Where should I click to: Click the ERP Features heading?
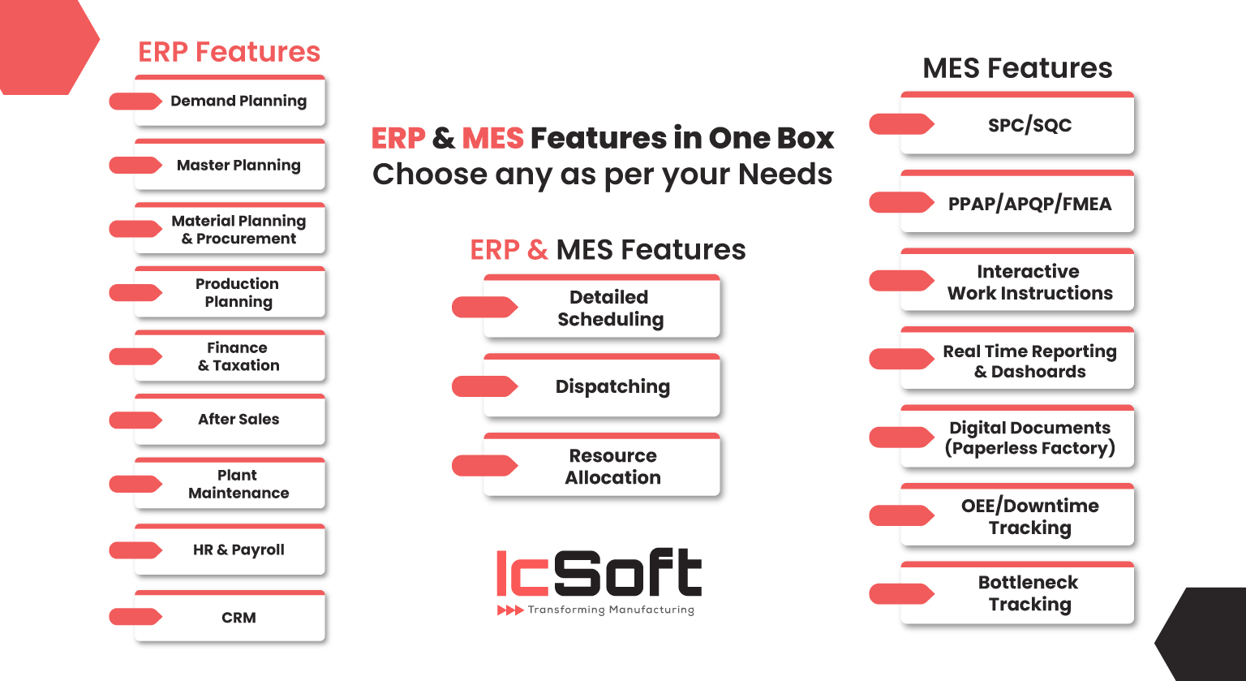pos(229,52)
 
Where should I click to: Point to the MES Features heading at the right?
pos(1017,68)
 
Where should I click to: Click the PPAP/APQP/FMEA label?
pos(1029,204)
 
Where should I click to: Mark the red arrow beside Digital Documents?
pos(901,437)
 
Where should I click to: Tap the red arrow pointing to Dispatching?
pos(484,386)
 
